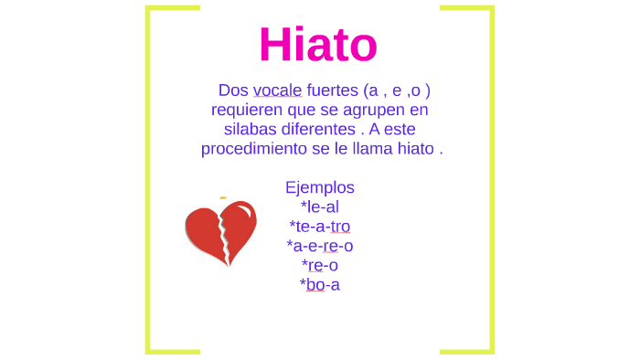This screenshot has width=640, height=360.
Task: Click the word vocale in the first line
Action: pyautogui.click(x=277, y=90)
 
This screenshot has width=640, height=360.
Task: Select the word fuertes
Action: pyautogui.click(x=332, y=90)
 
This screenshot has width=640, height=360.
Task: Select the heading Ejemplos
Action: pyautogui.click(x=319, y=187)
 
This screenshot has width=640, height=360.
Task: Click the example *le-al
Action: pyautogui.click(x=319, y=206)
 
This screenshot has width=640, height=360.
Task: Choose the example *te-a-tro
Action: pyautogui.click(x=319, y=226)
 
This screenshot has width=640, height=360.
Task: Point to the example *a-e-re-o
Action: pyautogui.click(x=319, y=245)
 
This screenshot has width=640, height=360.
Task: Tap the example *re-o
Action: pyautogui.click(x=319, y=265)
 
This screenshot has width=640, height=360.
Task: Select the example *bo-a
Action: pyautogui.click(x=319, y=284)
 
